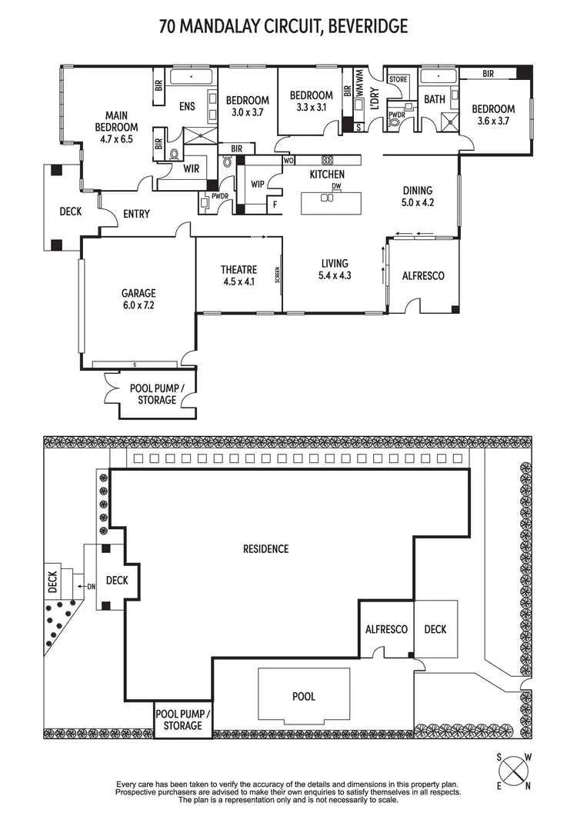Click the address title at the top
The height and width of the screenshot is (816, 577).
(x=283, y=27)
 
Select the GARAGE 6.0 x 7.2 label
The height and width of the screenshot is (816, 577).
(x=138, y=298)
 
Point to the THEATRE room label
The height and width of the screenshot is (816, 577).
(x=238, y=275)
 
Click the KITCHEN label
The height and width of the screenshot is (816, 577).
(x=327, y=175)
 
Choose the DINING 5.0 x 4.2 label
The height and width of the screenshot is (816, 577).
(x=418, y=197)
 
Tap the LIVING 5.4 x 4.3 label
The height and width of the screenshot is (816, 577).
(x=335, y=269)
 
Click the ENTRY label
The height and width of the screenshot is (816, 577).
(x=136, y=214)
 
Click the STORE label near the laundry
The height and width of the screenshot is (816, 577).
(x=398, y=79)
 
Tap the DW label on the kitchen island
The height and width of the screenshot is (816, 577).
(x=336, y=187)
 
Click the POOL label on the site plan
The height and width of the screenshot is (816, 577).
(x=304, y=697)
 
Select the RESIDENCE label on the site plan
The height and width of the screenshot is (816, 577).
(x=265, y=548)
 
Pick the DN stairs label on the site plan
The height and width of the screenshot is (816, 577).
(x=91, y=587)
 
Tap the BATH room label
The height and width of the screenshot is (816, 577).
(x=434, y=99)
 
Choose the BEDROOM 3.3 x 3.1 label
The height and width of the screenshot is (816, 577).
(x=311, y=102)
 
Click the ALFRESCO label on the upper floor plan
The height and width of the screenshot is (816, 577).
(x=424, y=275)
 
